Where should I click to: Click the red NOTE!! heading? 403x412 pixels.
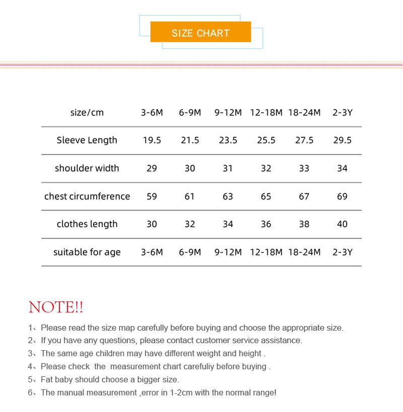[x=56, y=307]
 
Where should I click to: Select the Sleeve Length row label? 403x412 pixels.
[x=87, y=140]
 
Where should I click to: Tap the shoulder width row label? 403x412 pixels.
[x=87, y=168]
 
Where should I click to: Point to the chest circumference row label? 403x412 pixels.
[x=87, y=196]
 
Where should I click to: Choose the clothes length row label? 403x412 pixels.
[x=87, y=224]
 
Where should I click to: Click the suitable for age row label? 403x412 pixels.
[x=87, y=252]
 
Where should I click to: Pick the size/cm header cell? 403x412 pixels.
[x=87, y=113]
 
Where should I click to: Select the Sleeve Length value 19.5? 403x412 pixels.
[x=152, y=140]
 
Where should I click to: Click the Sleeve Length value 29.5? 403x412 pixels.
[x=342, y=140]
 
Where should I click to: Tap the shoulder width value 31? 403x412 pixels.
[x=228, y=168]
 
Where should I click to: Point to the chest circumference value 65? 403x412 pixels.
[x=266, y=196]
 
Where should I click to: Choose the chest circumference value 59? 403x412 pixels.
[x=152, y=196]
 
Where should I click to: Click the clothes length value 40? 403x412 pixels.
[x=342, y=224]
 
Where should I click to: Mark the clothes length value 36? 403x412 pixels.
[x=266, y=224]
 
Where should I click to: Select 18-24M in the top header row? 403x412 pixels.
[x=304, y=113]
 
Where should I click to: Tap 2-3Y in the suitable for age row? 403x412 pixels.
[x=342, y=252]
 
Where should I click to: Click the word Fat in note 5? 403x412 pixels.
[x=47, y=380]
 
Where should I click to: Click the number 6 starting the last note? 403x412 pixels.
[x=30, y=393]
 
